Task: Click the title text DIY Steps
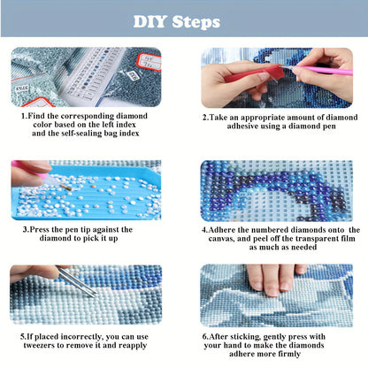(177, 22)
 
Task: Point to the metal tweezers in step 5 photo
(77, 281)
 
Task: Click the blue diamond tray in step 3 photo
(86, 193)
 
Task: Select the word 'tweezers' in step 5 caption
(39, 345)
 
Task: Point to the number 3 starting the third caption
(25, 229)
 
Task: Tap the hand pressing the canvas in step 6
(276, 280)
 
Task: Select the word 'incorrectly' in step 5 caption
(78, 337)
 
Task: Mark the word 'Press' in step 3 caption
(40, 229)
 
